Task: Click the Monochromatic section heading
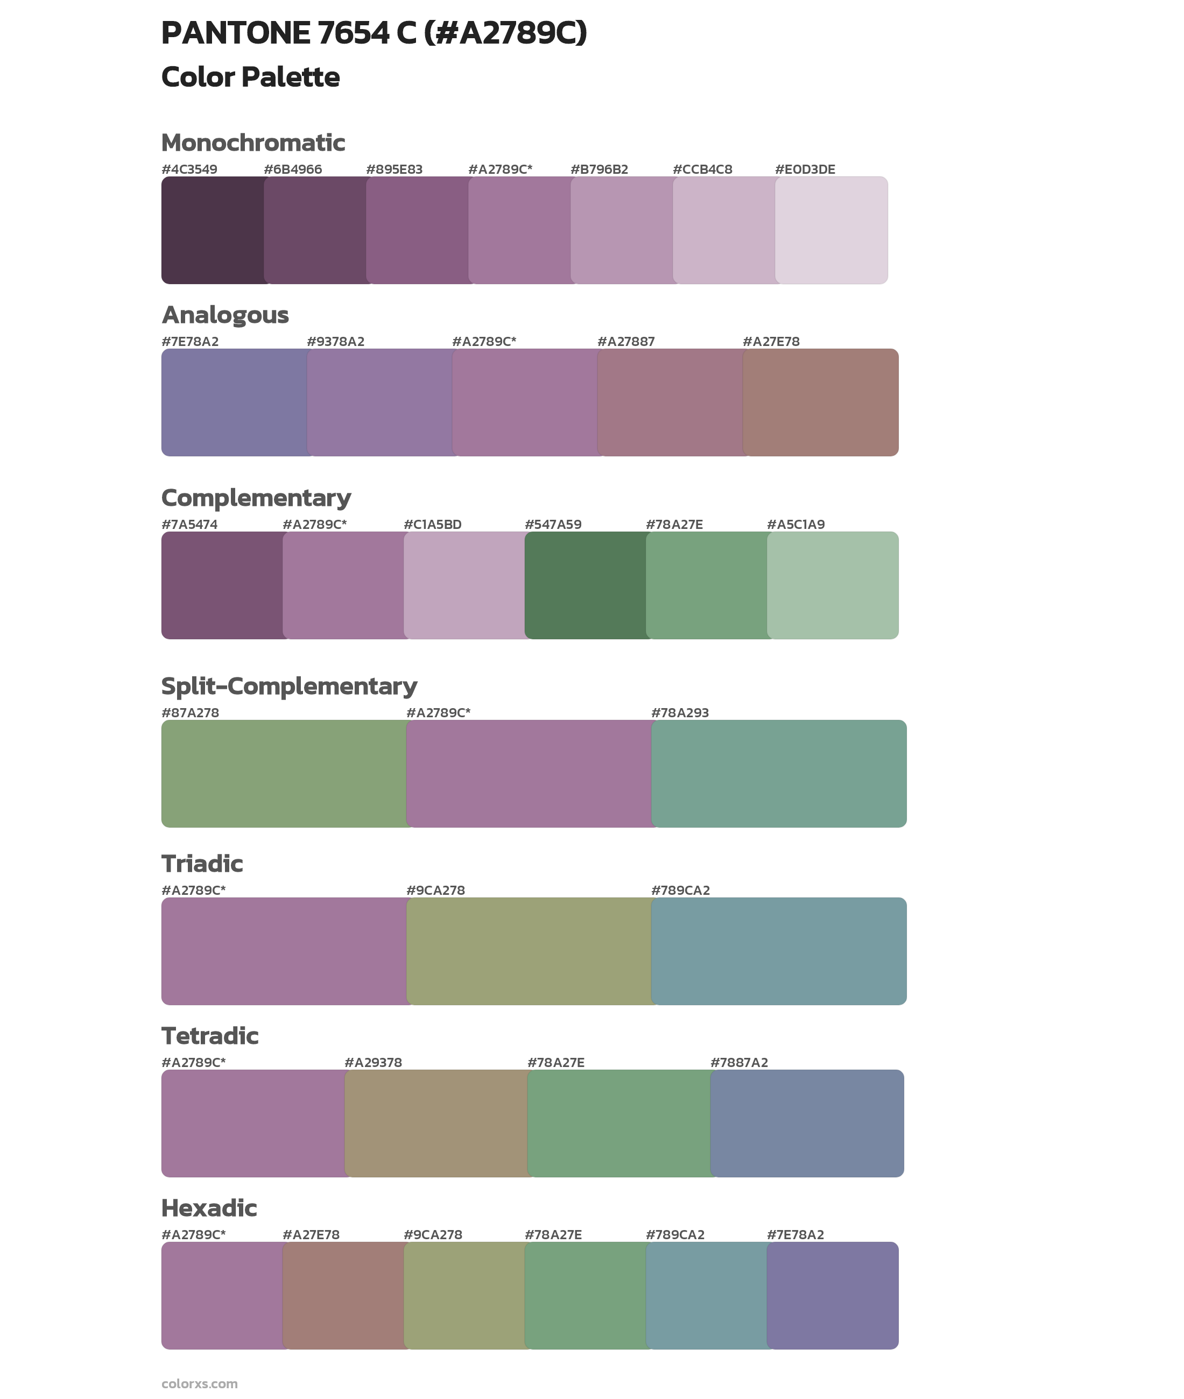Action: pos(253,143)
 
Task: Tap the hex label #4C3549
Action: pos(189,169)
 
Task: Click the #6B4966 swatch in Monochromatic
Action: pos(314,230)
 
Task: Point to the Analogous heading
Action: pos(225,315)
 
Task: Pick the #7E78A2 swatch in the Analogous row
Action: pos(234,402)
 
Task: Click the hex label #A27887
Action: pos(625,342)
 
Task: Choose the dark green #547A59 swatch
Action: pos(584,585)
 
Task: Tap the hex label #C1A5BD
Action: pos(432,524)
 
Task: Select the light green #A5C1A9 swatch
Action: pos(832,585)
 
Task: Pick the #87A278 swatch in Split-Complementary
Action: pos(283,774)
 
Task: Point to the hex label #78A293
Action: pos(679,712)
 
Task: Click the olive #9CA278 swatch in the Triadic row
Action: pos(528,951)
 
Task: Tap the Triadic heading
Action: pos(202,864)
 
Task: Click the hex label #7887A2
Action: pos(738,1062)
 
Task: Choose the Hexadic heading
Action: pos(209,1208)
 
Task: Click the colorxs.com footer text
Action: pos(199,1383)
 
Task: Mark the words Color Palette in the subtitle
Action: pos(250,77)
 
